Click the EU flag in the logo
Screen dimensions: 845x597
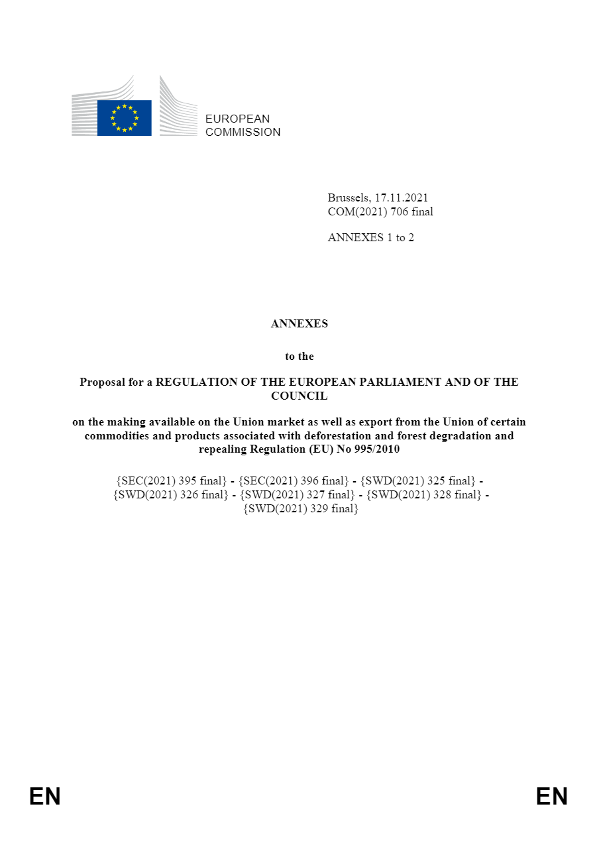point(124,118)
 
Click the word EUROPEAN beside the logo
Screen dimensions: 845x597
point(237,119)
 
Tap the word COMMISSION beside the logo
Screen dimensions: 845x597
point(243,132)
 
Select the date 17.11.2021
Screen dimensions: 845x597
point(401,197)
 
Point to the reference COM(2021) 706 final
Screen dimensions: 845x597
point(380,211)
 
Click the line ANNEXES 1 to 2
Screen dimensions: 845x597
point(370,237)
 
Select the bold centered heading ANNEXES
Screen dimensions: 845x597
point(299,324)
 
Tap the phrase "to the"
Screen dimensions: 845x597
point(299,356)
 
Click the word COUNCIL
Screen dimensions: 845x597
point(299,396)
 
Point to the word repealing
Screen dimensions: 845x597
point(223,449)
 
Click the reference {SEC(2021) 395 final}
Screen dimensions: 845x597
point(171,480)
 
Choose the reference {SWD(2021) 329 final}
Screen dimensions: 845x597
point(300,508)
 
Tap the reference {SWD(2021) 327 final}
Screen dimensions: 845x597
point(298,494)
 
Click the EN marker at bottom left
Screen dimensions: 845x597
point(44,796)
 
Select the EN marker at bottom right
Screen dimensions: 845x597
point(552,796)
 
